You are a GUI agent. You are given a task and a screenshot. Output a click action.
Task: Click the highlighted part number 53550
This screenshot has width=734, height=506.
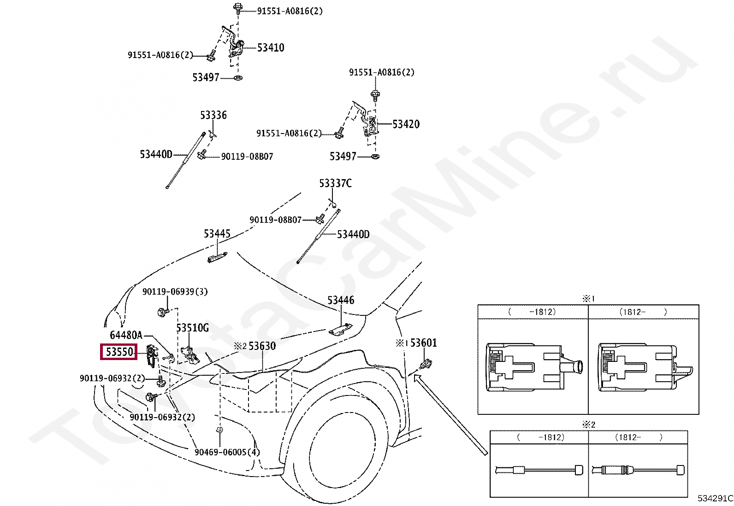click(x=119, y=352)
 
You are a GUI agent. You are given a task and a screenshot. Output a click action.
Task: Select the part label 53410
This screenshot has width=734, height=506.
click(x=271, y=47)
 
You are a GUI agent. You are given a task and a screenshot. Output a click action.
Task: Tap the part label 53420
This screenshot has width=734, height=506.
click(x=406, y=124)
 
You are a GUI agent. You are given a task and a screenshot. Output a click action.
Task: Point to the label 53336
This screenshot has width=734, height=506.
click(x=213, y=115)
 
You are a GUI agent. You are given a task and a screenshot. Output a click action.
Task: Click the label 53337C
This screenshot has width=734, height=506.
click(x=335, y=183)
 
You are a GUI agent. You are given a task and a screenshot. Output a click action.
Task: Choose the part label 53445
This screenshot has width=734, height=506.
click(x=217, y=234)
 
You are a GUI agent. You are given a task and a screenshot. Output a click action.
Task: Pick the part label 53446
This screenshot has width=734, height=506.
click(x=341, y=300)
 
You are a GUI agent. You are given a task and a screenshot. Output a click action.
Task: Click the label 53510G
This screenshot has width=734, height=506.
click(x=192, y=328)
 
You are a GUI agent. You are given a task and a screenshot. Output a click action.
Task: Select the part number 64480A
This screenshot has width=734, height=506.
click(x=126, y=335)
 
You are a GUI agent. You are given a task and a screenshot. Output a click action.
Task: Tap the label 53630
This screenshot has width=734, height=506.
click(x=262, y=346)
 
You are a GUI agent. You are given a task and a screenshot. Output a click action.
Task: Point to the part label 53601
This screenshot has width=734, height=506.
click(x=423, y=343)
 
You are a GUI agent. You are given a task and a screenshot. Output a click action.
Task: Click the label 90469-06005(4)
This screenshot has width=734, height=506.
click(x=227, y=452)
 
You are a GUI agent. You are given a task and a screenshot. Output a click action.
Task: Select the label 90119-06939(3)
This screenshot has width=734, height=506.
click(x=175, y=291)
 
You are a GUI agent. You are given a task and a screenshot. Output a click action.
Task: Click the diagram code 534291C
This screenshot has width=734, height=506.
click(x=715, y=498)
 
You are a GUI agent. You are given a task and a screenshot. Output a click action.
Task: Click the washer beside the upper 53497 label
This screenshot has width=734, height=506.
click(x=238, y=77)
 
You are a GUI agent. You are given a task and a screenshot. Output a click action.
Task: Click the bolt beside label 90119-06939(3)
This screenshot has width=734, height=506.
click(x=162, y=312)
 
